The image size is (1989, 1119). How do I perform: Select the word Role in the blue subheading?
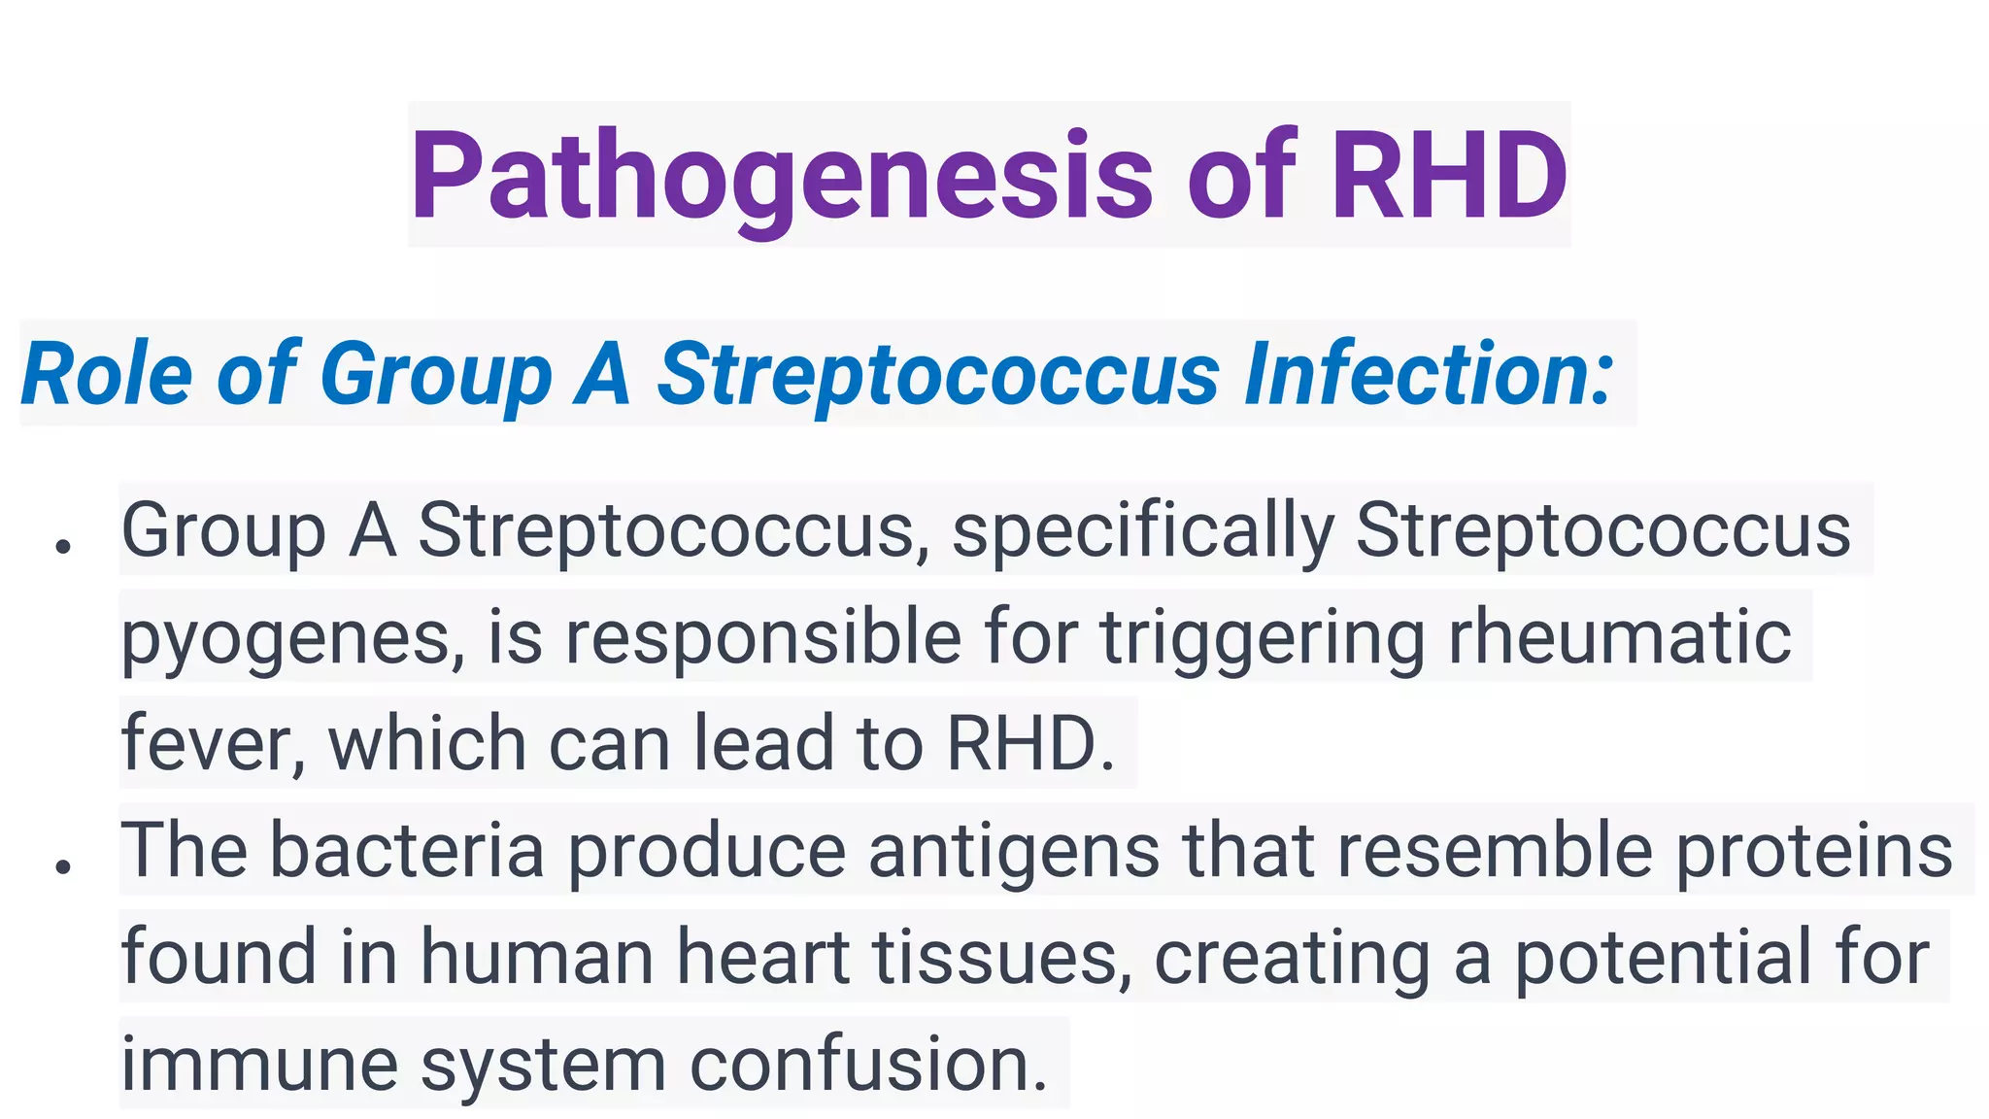[107, 374]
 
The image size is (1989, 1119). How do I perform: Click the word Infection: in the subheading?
[1429, 374]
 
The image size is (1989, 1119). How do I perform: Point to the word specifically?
[1143, 531]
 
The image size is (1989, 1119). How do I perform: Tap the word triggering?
[1262, 638]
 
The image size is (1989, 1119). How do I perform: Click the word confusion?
[868, 1064]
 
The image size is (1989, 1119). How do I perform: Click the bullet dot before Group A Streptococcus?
[64, 547]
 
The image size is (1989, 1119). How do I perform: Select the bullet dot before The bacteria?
[64, 865]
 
